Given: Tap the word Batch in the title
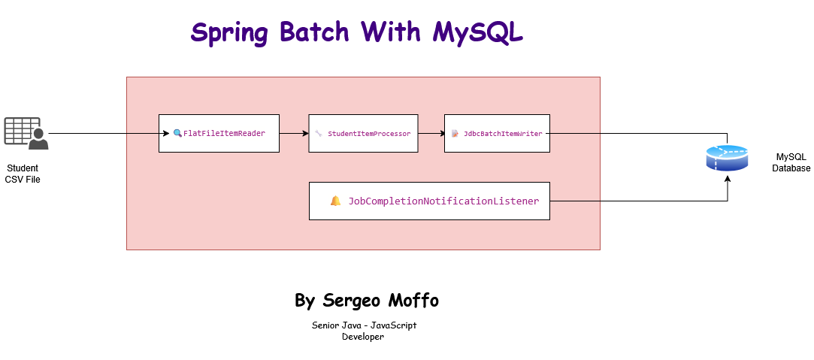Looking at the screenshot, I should coord(314,32).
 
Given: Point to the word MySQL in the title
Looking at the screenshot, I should coord(478,33).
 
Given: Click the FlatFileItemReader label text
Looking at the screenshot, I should coord(224,134).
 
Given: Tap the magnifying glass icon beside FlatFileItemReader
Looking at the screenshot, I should coord(177,133).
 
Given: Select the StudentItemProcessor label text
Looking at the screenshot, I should coord(369,134).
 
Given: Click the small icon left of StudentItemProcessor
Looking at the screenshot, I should coord(319,134).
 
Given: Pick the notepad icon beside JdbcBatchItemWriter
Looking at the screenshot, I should coord(455,134).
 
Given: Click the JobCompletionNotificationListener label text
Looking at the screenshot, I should coord(443,201).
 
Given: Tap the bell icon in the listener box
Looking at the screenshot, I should coord(335,201).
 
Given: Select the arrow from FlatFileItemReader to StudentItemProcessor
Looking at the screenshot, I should coord(294,133).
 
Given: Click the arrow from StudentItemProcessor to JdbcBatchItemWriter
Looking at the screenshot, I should coord(431,133).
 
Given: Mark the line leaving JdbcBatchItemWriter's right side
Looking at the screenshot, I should coord(575,133).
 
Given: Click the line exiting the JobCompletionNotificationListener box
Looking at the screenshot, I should coord(575,201).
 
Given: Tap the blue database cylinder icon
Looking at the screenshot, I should coord(727,158).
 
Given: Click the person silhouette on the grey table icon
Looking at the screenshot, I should coord(38,140).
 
